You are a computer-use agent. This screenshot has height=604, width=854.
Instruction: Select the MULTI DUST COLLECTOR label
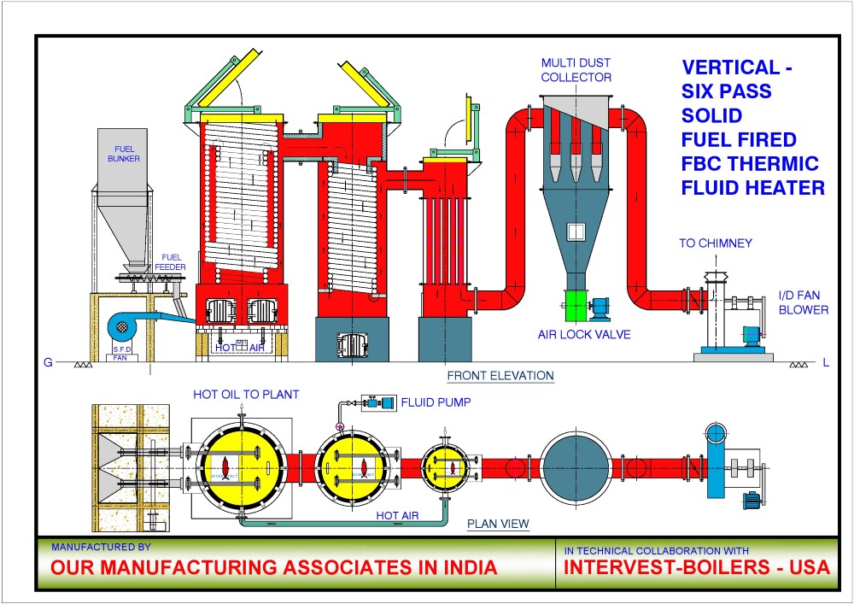point(576,70)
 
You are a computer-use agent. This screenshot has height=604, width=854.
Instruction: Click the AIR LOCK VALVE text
point(584,335)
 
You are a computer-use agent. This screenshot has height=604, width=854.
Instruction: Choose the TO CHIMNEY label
point(716,243)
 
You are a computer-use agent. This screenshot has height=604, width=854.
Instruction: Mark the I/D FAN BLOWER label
point(803,303)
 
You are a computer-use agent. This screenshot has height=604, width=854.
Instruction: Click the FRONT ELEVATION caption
point(500,376)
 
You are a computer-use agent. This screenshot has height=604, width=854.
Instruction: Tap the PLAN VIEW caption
point(498,524)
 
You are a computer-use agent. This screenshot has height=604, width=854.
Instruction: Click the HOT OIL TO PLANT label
point(246,394)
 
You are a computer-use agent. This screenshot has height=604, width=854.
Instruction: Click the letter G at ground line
point(48,363)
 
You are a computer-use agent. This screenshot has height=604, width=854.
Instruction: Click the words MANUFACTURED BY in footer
point(101,546)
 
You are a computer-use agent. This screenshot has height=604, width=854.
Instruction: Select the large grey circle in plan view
point(578,466)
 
